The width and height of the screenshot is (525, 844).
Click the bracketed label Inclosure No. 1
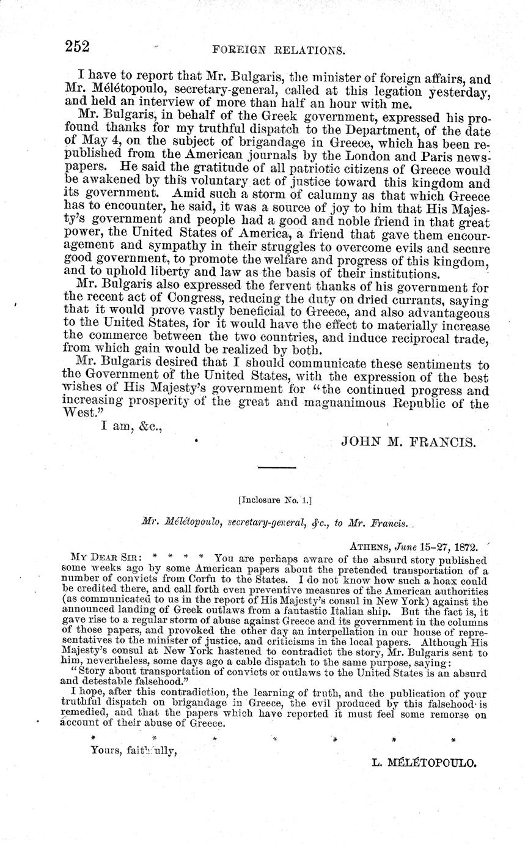[275, 500]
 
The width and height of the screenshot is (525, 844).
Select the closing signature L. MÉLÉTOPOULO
[424, 763]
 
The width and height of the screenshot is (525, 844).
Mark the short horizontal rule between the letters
[276, 468]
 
